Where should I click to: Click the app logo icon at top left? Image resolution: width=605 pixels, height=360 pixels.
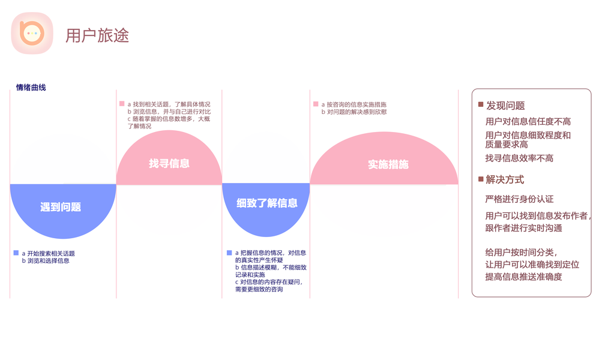point(32,34)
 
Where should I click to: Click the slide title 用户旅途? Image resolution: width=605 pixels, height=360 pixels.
point(97,35)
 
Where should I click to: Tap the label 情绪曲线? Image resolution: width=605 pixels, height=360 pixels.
point(31,88)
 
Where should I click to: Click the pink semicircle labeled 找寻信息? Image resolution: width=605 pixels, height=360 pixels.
point(169,163)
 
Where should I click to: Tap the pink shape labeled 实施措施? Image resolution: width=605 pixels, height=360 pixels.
point(385,164)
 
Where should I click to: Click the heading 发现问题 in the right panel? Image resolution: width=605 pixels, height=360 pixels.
point(505,106)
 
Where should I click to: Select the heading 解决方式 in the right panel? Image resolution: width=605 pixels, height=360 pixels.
point(505,179)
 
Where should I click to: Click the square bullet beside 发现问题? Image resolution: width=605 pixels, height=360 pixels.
point(480,105)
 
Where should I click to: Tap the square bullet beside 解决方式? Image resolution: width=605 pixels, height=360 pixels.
point(480,179)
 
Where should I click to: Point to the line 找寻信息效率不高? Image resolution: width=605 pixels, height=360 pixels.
point(519,158)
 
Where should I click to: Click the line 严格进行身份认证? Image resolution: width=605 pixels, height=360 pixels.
point(519,199)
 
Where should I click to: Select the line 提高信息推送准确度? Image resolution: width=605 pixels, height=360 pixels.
point(523,277)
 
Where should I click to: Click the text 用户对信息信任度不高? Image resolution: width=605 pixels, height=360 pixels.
point(528,122)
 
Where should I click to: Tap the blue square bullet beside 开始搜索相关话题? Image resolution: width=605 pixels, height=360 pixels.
point(16,253)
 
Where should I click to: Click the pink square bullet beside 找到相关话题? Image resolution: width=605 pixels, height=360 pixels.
point(122,104)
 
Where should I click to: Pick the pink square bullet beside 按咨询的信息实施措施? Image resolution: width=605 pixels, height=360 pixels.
point(316,104)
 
